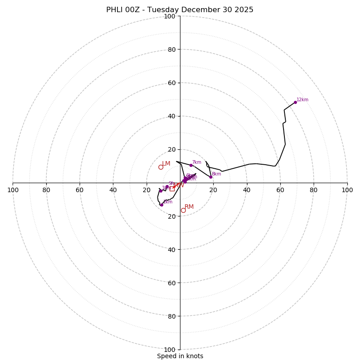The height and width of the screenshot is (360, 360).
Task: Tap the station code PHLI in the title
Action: (x=114, y=10)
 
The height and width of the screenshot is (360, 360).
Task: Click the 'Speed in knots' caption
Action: (x=180, y=356)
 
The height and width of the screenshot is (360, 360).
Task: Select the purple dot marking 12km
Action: (x=295, y=102)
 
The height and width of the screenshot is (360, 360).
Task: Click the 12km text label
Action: (x=302, y=100)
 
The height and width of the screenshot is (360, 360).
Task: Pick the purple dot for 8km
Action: (x=211, y=177)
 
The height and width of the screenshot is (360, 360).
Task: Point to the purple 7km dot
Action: (x=191, y=165)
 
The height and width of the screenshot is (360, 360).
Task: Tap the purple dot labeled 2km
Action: (x=162, y=205)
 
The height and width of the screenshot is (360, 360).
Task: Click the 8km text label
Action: (x=216, y=174)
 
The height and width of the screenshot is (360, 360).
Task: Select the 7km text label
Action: (x=197, y=162)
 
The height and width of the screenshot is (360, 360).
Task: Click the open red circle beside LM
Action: (x=161, y=167)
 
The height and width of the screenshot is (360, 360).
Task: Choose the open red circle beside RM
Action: (x=183, y=210)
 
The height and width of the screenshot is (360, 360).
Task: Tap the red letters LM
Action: (x=166, y=164)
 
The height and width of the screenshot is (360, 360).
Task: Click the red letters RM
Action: (x=189, y=207)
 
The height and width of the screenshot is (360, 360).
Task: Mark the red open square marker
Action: (x=172, y=189)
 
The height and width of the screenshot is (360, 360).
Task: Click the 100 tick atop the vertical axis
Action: (x=169, y=16)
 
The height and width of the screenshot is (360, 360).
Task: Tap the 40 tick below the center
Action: (x=172, y=249)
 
